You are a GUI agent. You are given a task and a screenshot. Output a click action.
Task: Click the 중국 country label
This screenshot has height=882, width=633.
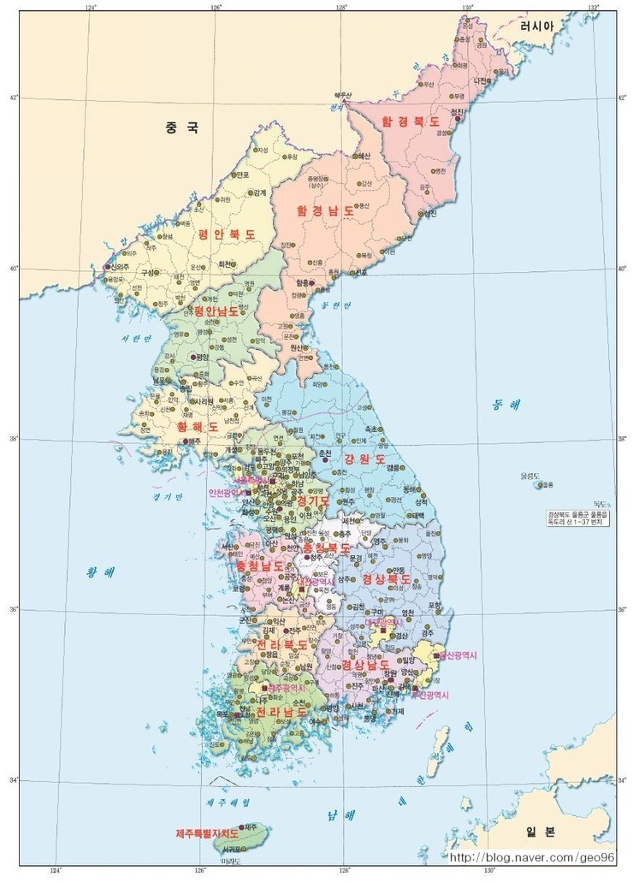pyautogui.click(x=182, y=128)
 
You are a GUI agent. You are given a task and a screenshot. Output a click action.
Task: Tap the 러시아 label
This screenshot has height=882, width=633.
pyautogui.click(x=537, y=27)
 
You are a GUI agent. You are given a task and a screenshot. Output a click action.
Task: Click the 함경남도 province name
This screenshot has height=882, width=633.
pyautogui.click(x=325, y=210)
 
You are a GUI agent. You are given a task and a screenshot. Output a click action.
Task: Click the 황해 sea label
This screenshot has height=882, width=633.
pyautogui.click(x=100, y=572)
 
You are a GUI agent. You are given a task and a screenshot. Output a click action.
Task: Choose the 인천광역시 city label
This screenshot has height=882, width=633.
pyautogui.click(x=226, y=493)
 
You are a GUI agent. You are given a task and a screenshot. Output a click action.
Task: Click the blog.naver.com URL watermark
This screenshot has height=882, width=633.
pyautogui.click(x=532, y=857)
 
